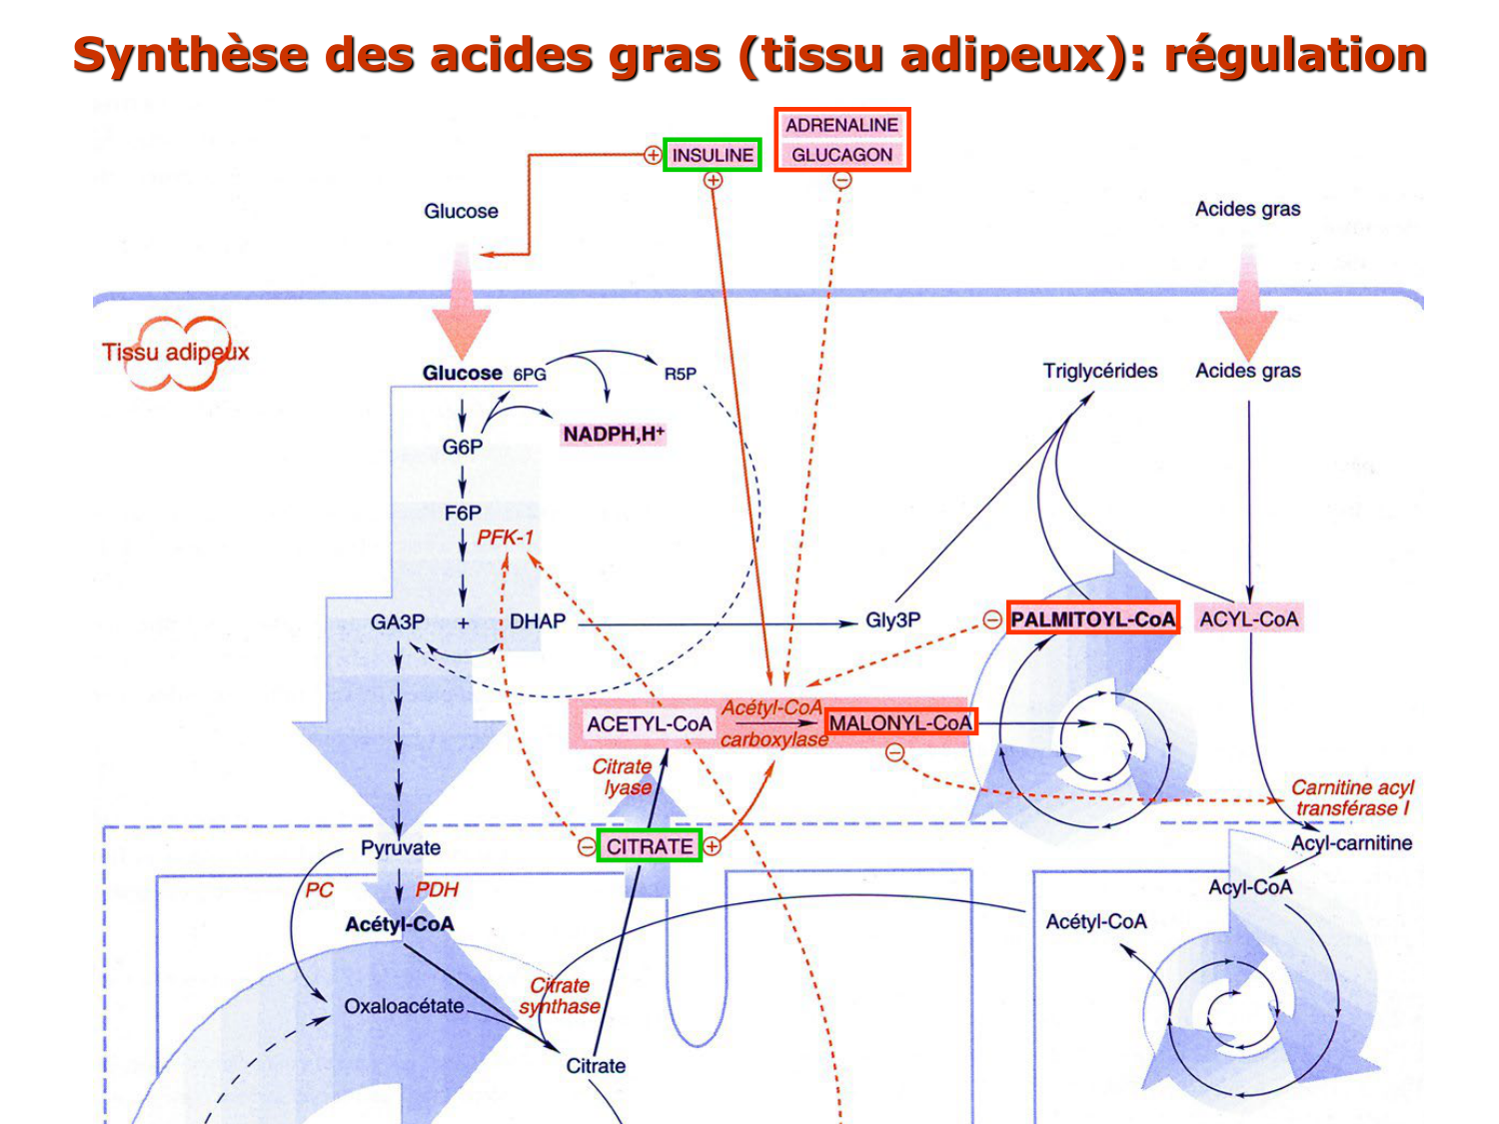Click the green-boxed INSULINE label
point(713,155)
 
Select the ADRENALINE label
point(841,125)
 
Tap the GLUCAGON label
point(841,155)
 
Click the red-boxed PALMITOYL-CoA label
point(1093,618)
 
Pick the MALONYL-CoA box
point(900,722)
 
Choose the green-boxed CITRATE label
point(650,846)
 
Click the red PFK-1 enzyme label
point(505,538)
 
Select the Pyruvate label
point(401,847)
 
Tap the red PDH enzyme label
point(437,889)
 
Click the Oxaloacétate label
point(404,1006)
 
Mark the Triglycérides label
point(1100,371)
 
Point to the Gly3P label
point(892,620)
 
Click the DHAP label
point(538,621)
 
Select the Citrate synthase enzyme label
point(560,996)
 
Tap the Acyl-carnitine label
point(1351,843)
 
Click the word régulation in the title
point(1295,54)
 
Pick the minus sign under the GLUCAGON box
point(842,181)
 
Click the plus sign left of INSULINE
point(653,155)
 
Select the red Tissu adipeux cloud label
point(176,352)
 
